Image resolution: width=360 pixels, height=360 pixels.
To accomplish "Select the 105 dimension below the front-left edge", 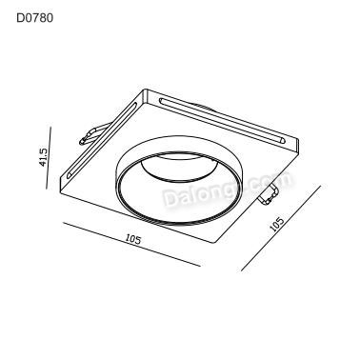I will [x=132, y=240].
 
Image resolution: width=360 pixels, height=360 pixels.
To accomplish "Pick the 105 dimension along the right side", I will [x=277, y=224].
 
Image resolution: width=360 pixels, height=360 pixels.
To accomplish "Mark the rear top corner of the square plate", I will [x=144, y=90].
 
